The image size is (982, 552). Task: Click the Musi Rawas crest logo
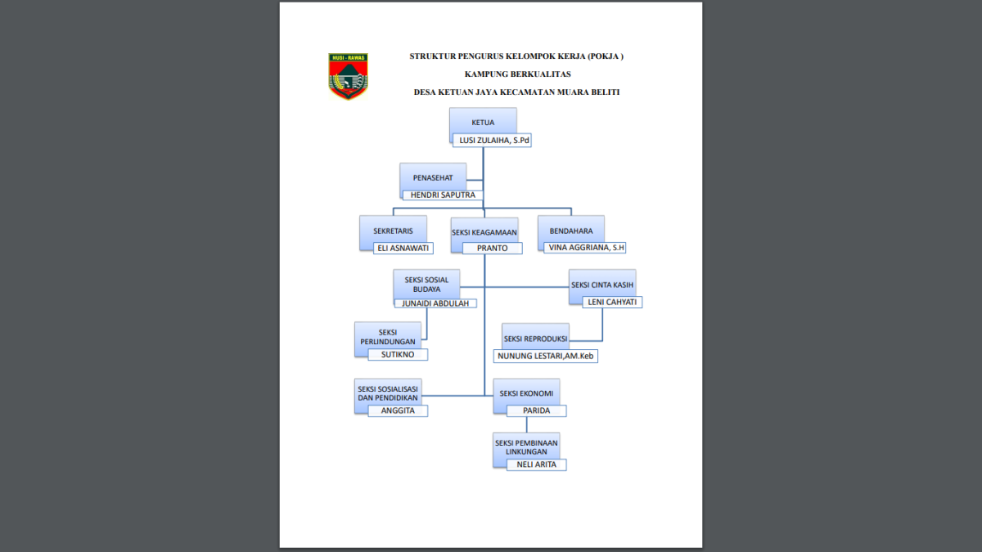pos(348,76)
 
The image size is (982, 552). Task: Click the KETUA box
pos(483,122)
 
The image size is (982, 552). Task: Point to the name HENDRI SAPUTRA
pos(442,195)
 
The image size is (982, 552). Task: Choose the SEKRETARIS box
pos(393,231)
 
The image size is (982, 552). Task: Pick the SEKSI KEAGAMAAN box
pos(484,231)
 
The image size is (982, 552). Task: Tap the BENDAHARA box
pos(571,231)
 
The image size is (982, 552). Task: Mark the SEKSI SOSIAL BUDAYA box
pos(426,284)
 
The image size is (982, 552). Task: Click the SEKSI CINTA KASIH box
pos(602,285)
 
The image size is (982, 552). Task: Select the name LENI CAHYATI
pos(612,302)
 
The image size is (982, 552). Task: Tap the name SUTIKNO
pos(397,355)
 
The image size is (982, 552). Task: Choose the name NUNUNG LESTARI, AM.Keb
pos(544,356)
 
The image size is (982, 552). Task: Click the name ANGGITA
pos(397,411)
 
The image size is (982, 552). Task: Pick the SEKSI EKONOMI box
pos(526,393)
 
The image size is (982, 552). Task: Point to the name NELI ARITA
pos(536,464)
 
